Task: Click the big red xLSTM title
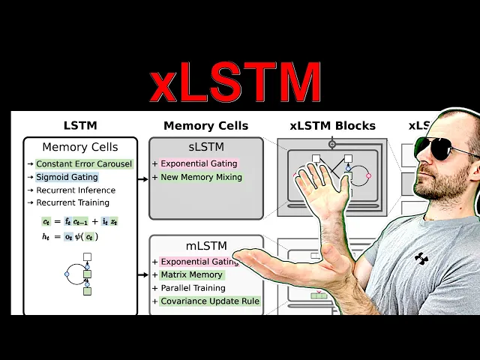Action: click(x=235, y=82)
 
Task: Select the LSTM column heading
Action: click(x=80, y=125)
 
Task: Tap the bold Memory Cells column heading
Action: click(x=205, y=125)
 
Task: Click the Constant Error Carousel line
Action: click(x=84, y=163)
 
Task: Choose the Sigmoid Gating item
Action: click(x=67, y=177)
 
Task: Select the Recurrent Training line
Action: click(x=72, y=202)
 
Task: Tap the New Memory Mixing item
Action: click(x=201, y=177)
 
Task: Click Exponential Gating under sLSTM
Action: click(x=199, y=163)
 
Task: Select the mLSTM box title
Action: click(x=205, y=245)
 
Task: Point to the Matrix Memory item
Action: click(x=191, y=274)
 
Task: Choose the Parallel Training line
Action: click(x=193, y=288)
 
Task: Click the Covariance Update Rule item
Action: click(x=210, y=301)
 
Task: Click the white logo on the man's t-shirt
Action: click(x=421, y=259)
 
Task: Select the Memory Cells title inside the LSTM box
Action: click(x=80, y=147)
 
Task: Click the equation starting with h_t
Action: click(x=70, y=236)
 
